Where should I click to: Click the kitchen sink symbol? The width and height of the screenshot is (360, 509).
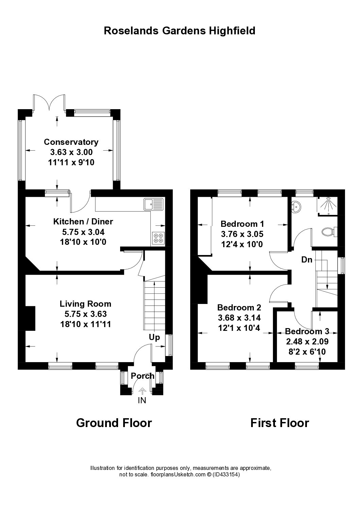(x=153, y=204)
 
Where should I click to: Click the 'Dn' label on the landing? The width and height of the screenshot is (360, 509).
(x=307, y=260)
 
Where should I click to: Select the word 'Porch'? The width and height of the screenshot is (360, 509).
(x=143, y=376)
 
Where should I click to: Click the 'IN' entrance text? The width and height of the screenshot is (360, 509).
(x=142, y=401)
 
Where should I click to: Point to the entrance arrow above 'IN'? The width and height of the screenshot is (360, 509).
(x=142, y=391)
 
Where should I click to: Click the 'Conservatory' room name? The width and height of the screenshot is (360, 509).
(x=71, y=142)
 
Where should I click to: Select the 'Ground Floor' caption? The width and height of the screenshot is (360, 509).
(x=114, y=423)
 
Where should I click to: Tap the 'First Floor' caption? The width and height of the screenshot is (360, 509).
(x=279, y=423)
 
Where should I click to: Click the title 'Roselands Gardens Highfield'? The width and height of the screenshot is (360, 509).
(x=179, y=31)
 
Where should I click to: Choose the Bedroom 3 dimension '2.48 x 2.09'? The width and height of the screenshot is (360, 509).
(x=307, y=341)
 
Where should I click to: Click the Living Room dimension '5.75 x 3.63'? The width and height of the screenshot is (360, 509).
(x=85, y=314)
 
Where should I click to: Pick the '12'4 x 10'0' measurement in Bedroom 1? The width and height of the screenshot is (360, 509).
(x=242, y=244)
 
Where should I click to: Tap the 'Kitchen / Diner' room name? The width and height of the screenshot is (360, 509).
(x=83, y=222)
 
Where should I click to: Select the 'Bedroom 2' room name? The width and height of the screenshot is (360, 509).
(x=239, y=308)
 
